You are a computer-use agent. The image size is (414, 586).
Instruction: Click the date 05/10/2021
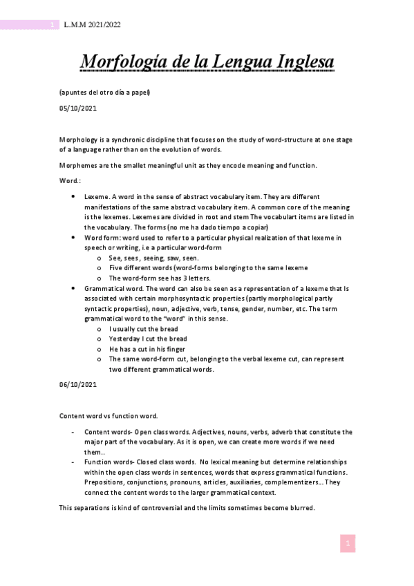tap(77, 109)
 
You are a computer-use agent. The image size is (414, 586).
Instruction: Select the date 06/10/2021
tap(77, 384)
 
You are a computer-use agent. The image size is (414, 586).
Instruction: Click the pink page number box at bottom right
tap(348, 544)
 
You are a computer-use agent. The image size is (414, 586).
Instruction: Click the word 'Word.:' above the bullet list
tap(70, 181)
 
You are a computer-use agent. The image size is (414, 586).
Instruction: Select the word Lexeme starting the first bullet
tap(97, 197)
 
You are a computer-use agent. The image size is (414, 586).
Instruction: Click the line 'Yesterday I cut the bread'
tap(148, 339)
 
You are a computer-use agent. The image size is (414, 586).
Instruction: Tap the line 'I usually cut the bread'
tap(144, 330)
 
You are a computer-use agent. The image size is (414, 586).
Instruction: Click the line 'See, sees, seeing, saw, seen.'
tap(154, 258)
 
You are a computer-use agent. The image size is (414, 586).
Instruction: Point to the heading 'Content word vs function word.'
tap(109, 416)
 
